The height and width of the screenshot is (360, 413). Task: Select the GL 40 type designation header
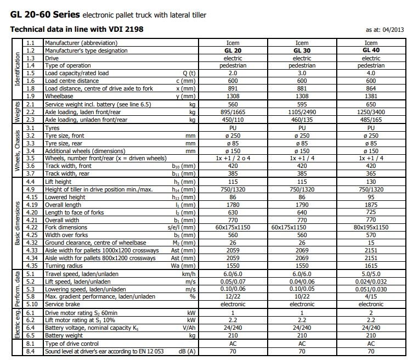371,50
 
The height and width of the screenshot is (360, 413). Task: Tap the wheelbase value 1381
371,95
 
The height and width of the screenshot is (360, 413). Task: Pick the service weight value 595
302,104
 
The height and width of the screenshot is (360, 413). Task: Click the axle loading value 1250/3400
371,111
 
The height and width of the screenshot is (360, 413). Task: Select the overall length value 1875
371,205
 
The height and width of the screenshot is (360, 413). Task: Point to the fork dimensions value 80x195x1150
371,227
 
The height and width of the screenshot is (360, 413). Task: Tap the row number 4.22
32,227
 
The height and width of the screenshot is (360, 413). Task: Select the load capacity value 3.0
302,73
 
